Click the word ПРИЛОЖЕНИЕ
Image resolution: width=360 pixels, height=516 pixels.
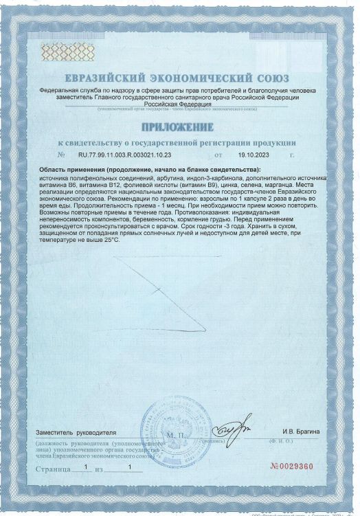click(179, 127)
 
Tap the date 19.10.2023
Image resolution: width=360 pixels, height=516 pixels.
click(251, 155)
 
